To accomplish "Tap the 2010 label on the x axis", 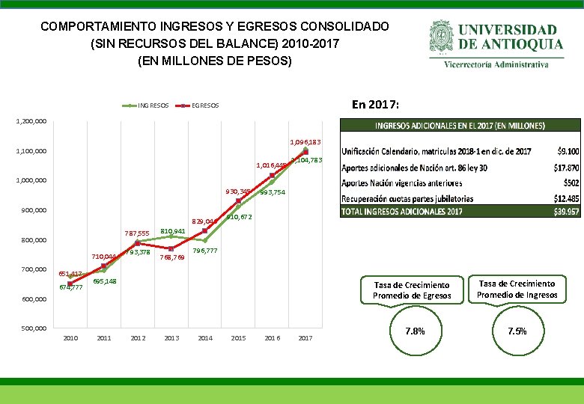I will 70,338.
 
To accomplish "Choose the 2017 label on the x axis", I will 305,338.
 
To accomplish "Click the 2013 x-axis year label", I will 171,338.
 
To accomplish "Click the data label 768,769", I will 173,257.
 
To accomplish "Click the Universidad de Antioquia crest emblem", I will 441,38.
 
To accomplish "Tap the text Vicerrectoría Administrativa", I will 506,64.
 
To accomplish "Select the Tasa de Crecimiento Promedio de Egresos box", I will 412,290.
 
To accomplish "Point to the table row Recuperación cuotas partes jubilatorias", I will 408,198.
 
